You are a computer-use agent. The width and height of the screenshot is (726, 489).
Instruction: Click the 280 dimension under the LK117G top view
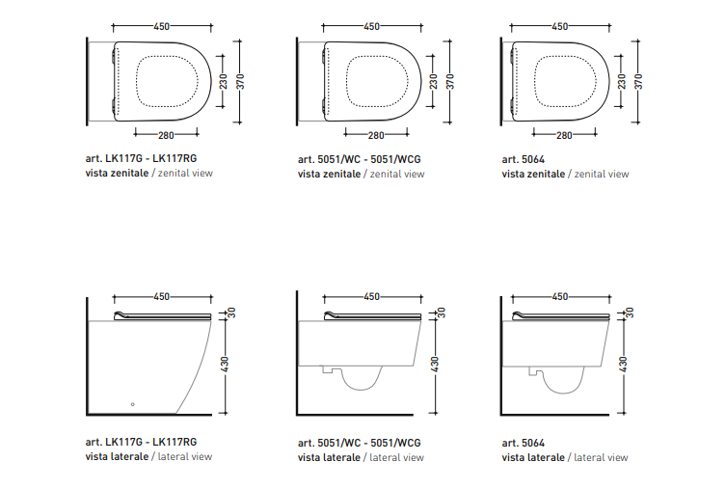click(166, 135)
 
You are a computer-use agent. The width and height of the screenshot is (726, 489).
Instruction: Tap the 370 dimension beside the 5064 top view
click(638, 81)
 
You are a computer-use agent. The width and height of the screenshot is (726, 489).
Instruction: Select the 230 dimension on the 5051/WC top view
click(433, 81)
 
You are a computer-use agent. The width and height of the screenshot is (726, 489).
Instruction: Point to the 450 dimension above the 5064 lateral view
click(560, 296)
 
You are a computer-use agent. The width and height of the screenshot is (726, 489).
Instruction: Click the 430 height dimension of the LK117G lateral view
click(225, 364)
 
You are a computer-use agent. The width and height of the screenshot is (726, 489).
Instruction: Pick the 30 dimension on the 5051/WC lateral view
click(442, 312)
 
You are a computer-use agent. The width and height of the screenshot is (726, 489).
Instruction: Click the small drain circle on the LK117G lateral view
click(132, 404)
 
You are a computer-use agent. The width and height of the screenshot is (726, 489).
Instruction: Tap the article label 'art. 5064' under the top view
click(524, 159)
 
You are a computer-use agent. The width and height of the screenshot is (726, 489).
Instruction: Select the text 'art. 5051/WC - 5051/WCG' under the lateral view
click(360, 443)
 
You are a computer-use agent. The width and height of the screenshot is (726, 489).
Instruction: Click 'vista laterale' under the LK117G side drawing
click(117, 456)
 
